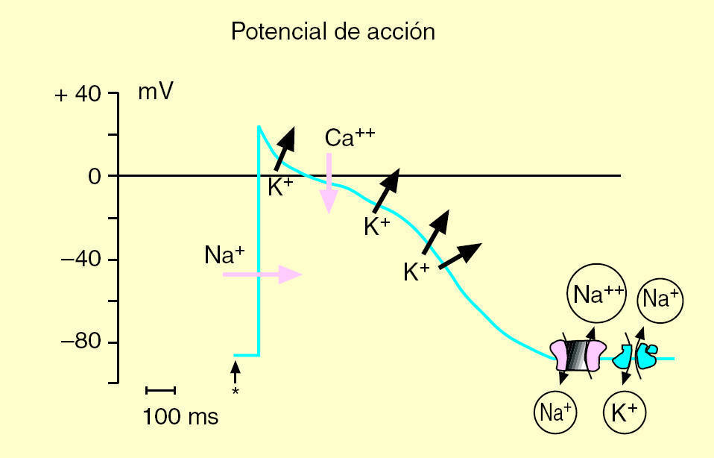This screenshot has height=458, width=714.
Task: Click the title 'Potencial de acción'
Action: click(332, 32)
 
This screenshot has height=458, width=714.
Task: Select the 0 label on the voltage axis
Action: click(94, 177)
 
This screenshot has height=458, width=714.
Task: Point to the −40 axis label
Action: click(80, 260)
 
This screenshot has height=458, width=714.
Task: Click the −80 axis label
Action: click(80, 343)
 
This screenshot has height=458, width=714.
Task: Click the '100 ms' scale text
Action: click(180, 416)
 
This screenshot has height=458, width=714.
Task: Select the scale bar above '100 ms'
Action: click(159, 389)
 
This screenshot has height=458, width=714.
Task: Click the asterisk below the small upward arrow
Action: click(236, 391)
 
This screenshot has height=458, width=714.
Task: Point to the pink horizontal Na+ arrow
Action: click(262, 275)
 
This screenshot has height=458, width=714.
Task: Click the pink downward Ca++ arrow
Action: click(329, 183)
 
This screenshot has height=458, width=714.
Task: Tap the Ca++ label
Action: click(350, 138)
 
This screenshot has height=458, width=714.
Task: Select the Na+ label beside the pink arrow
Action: click(224, 256)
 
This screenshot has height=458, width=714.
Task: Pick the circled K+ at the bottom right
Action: click(624, 412)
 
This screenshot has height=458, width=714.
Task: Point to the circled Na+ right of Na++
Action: click(660, 300)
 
